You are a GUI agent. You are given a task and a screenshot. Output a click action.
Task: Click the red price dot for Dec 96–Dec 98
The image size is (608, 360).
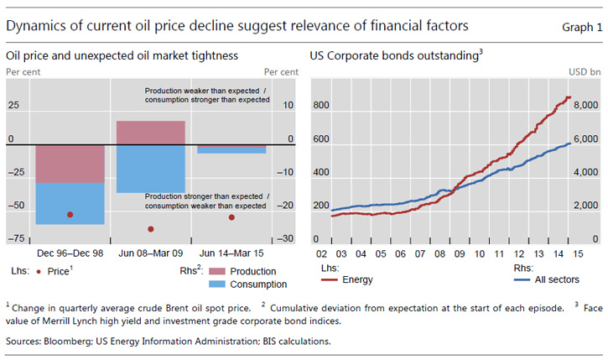70,215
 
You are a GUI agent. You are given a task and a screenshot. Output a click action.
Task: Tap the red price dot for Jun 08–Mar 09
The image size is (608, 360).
151,229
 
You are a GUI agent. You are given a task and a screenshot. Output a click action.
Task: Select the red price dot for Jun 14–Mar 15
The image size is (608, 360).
231,217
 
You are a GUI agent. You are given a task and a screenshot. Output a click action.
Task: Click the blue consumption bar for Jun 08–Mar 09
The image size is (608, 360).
151,168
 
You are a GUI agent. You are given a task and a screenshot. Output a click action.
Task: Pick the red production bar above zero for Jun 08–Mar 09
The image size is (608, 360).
151,133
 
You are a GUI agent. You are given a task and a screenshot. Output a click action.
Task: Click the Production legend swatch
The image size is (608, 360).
217,271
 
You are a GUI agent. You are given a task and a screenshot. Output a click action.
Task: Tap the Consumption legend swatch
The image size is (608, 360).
217,284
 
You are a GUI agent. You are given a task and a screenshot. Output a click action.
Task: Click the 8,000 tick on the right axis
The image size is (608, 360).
585,107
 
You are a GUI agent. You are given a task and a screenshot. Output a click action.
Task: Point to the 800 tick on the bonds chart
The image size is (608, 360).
321,107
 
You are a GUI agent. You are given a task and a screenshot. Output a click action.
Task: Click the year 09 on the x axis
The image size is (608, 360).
460,253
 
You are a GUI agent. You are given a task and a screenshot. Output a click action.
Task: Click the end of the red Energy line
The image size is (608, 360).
570,97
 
